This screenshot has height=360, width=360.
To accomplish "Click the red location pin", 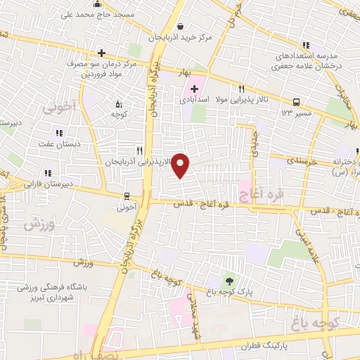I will [x=181, y=166].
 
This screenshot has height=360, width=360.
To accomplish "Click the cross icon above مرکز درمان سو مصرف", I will [x=102, y=53].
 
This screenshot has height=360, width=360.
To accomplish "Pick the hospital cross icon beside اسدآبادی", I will [x=194, y=89].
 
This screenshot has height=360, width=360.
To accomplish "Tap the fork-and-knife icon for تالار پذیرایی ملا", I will [x=241, y=89].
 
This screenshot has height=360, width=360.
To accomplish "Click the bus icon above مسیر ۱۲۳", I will [x=296, y=101].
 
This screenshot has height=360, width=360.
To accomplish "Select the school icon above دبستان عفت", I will [x=58, y=132].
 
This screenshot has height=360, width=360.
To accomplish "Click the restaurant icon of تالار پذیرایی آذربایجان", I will [x=140, y=150].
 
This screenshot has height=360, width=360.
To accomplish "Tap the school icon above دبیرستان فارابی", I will [x=48, y=172].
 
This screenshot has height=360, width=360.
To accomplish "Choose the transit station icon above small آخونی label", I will [x=126, y=196].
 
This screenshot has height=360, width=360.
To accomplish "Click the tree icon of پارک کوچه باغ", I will [x=226, y=281].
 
